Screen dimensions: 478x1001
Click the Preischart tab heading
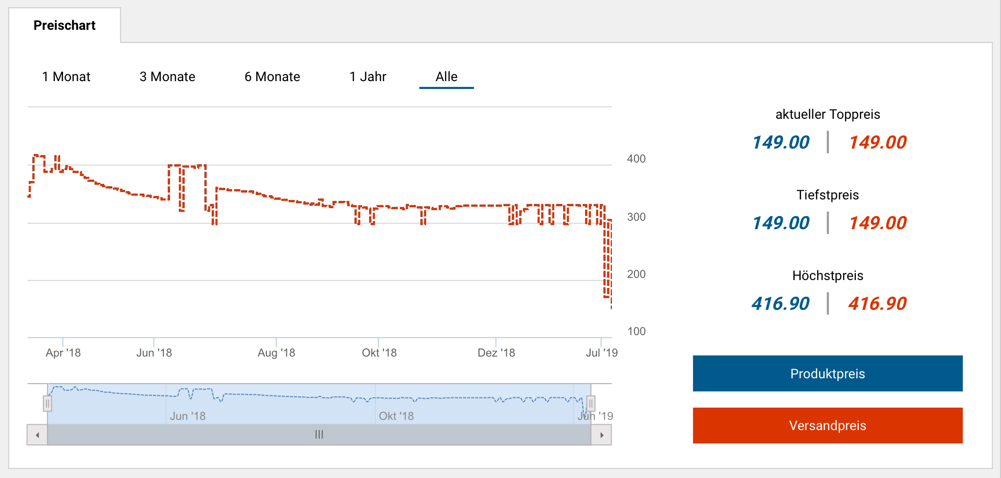click(65, 25)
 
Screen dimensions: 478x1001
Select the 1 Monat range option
click(66, 77)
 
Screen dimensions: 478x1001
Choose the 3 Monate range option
click(167, 77)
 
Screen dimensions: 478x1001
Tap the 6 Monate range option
click(272, 77)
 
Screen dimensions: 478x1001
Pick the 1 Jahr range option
click(368, 77)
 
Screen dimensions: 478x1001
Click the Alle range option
click(446, 77)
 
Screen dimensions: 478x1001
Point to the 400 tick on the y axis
click(636, 159)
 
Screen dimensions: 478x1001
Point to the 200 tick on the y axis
click(636, 274)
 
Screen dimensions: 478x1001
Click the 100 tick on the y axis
click(636, 331)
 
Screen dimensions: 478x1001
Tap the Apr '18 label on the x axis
click(63, 353)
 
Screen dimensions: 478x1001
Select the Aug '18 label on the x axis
click(276, 353)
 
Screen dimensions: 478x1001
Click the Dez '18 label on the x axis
click(496, 353)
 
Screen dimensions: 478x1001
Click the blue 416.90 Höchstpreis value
click(781, 304)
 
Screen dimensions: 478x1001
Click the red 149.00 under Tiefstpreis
click(877, 223)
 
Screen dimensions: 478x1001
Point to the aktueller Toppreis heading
click(827, 114)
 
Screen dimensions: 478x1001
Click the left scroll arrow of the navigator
click(37, 435)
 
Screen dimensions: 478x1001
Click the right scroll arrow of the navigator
click(602, 435)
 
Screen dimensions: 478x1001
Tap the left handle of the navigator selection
click(47, 404)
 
